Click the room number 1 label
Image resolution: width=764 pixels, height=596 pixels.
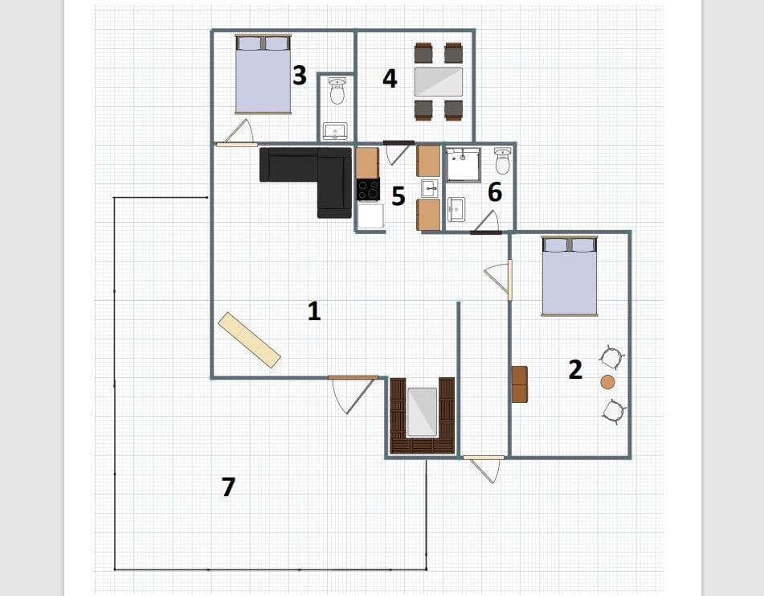click(314, 310)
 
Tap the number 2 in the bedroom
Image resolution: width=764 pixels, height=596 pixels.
click(575, 369)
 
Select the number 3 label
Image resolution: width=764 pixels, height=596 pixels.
click(300, 75)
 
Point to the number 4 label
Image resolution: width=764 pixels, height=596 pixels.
click(390, 79)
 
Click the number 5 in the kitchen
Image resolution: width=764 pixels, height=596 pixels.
click(398, 196)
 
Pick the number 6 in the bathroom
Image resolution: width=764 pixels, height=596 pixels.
click(495, 192)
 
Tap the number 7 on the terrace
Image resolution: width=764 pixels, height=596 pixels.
click(228, 487)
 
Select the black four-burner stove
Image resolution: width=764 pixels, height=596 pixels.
click(369, 190)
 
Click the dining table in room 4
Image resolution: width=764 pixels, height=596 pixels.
click(439, 81)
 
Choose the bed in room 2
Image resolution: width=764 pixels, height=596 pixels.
click(570, 277)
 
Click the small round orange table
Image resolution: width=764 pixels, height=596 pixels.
click(607, 382)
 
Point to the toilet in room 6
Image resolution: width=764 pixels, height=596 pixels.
click(502, 161)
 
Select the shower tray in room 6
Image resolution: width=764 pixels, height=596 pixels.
click(464, 164)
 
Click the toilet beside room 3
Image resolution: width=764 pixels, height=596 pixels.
click(337, 91)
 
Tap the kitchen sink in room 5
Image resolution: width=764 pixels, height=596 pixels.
click(429, 188)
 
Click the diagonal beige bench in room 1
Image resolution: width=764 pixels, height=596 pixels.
click(249, 339)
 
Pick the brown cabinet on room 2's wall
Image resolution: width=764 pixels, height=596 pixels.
click(520, 384)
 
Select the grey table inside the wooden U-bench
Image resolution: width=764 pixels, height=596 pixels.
click(423, 412)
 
